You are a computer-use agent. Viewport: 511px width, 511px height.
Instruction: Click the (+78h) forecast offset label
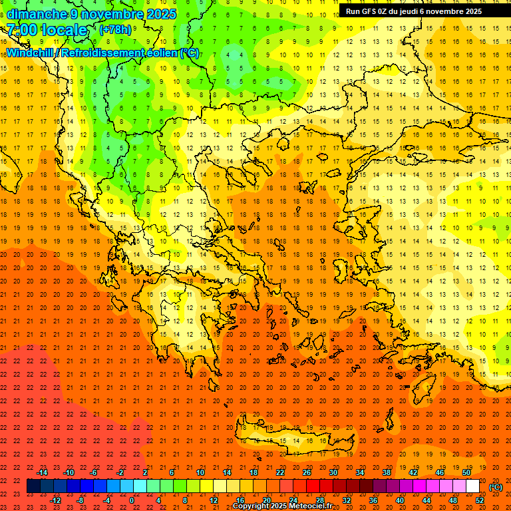115,30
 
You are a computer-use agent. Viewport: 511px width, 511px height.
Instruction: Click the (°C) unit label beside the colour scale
495,487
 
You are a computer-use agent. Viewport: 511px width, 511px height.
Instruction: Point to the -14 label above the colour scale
42,472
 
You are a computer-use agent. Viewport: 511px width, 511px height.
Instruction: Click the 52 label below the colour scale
480,500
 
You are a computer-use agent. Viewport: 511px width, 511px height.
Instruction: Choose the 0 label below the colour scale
132,500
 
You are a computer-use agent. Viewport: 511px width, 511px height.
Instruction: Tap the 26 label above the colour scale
307,472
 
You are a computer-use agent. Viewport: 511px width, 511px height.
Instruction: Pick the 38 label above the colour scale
386,472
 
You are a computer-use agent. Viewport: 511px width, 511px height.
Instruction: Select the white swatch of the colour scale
473,486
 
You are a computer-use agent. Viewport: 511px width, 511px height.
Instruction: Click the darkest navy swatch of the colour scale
33,486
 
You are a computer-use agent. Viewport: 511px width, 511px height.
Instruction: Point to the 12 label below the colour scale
214,500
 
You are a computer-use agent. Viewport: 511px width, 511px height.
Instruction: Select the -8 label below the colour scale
81,500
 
